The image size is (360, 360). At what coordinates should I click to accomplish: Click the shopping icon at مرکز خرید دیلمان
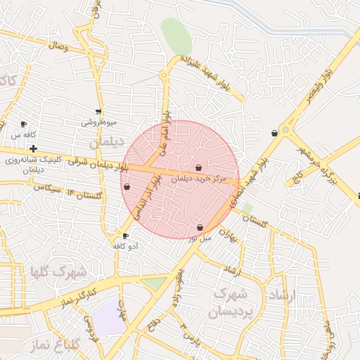[x=199, y=168]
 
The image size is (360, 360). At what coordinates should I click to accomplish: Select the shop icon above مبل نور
[x=201, y=228]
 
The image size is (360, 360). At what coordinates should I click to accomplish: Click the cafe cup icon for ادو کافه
[x=126, y=236]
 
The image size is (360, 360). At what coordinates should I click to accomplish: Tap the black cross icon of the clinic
[x=33, y=149]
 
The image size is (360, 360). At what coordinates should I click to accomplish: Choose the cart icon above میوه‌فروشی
[x=98, y=111]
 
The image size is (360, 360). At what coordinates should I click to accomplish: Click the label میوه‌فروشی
[x=97, y=122]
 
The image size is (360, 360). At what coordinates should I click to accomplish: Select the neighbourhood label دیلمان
[x=108, y=141]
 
